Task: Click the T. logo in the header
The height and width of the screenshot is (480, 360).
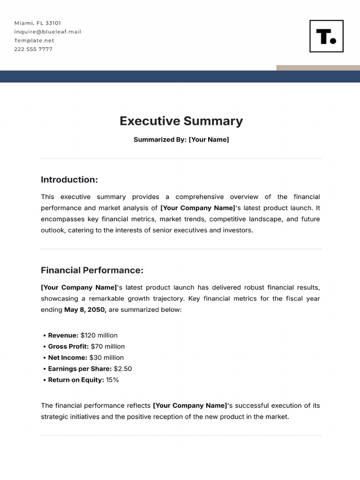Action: (x=326, y=36)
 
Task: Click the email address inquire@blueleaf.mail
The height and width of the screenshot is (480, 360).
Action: (x=48, y=32)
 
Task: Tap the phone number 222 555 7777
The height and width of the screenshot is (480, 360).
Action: (x=33, y=49)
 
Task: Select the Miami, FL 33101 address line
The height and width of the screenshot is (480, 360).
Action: (x=37, y=23)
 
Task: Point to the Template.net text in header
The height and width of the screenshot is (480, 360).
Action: (x=34, y=40)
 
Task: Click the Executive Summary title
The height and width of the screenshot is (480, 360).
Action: (x=181, y=121)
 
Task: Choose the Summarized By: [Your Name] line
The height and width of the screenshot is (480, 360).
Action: (x=181, y=140)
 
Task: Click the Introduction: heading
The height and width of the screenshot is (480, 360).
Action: (x=69, y=180)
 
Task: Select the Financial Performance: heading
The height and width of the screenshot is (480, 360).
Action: (x=92, y=270)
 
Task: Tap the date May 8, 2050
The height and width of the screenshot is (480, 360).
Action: (x=85, y=310)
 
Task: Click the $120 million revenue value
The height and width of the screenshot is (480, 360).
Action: (x=99, y=335)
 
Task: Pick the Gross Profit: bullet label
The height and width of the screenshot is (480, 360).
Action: (x=68, y=346)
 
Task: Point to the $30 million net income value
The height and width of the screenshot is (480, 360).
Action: (x=106, y=358)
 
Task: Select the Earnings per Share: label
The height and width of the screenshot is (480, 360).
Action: (x=80, y=369)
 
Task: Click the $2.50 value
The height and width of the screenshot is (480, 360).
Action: (x=123, y=369)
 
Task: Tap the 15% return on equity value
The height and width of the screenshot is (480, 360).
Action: (x=112, y=380)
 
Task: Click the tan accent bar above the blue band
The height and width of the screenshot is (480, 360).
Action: (x=318, y=68)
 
